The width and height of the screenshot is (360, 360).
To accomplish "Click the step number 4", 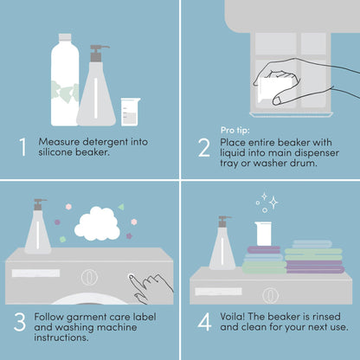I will click(x=203, y=323).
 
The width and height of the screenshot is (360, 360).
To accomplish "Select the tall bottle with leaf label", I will click(x=65, y=82).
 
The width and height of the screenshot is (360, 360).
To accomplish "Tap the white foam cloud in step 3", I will click(x=97, y=224).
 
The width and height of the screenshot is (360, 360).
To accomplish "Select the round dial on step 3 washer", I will click(x=87, y=279).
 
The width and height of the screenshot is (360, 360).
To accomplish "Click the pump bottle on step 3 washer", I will click(x=38, y=232).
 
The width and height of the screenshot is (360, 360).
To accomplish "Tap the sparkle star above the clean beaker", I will click(x=273, y=202).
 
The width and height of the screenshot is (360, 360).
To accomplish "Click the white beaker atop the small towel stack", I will click(x=264, y=234).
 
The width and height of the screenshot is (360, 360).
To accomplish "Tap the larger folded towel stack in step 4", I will click(x=314, y=258).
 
